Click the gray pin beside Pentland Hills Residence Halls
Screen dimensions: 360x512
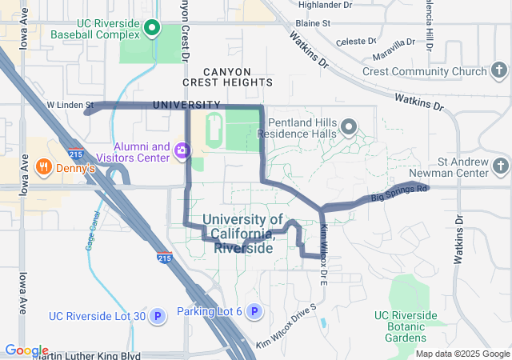pos(349,127)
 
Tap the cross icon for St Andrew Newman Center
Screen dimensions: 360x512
pos(500,166)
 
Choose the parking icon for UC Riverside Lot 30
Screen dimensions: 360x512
pos(158,316)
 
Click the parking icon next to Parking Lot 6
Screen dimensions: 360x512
pos(254,311)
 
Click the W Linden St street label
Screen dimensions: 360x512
pos(70,105)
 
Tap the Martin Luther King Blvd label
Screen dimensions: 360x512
pos(87,355)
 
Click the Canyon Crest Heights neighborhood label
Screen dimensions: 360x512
pos(227,77)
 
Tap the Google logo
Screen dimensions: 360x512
pos(26,350)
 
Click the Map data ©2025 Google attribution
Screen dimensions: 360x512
pos(462,354)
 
